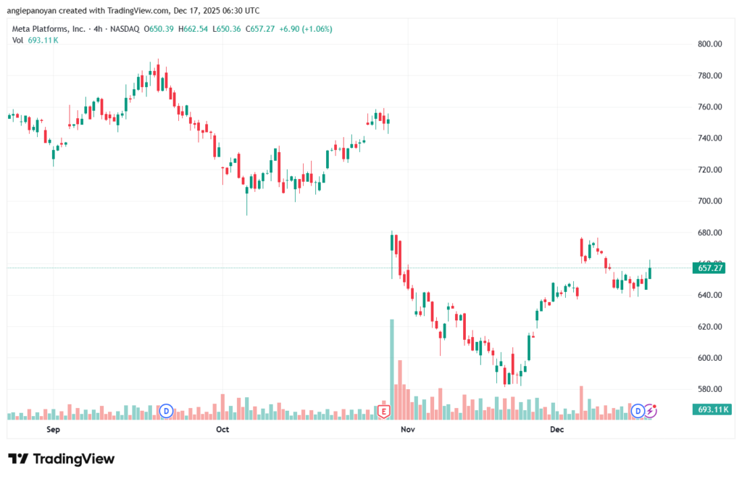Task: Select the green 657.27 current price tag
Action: pyautogui.click(x=709, y=268)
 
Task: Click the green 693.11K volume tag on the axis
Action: pyautogui.click(x=709, y=410)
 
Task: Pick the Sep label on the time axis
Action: pyautogui.click(x=52, y=430)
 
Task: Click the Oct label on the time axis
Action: pyautogui.click(x=222, y=430)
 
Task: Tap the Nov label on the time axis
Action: pyautogui.click(x=407, y=430)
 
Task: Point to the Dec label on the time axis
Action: pyautogui.click(x=556, y=430)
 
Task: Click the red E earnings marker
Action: pyautogui.click(x=385, y=412)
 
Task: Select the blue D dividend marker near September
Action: pyautogui.click(x=166, y=411)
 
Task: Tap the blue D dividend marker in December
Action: pyautogui.click(x=638, y=411)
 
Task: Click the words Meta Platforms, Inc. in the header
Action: pyautogui.click(x=47, y=28)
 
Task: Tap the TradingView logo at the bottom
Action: pyautogui.click(x=61, y=459)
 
